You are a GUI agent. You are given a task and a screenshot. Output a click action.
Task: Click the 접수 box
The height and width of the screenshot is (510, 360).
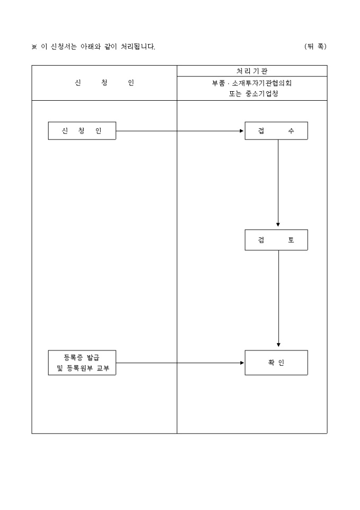(x=276, y=131)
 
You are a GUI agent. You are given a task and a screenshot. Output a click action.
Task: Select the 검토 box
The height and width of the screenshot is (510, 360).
(x=276, y=240)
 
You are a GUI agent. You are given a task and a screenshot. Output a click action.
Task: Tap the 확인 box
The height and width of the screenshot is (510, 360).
(x=276, y=363)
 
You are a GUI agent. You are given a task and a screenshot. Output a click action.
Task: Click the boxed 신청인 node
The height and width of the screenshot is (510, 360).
(x=82, y=131)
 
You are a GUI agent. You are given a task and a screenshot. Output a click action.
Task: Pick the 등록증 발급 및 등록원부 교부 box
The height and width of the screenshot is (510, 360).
(x=82, y=363)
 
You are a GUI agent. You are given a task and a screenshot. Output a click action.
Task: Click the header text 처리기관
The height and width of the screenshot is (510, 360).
(x=252, y=71)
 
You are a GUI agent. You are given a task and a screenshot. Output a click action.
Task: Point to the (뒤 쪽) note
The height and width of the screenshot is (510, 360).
(x=316, y=47)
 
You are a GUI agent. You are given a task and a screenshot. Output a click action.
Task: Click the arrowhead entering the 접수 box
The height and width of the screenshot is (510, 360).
(x=242, y=131)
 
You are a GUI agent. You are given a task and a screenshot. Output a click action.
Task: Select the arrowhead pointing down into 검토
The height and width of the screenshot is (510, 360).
(x=278, y=225)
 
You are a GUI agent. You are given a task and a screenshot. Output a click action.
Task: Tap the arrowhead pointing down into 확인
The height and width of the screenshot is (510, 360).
(x=278, y=345)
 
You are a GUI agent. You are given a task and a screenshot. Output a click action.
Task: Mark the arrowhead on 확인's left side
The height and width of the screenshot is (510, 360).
(x=242, y=363)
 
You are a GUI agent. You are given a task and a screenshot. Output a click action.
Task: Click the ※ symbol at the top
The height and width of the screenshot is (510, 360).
(x=34, y=47)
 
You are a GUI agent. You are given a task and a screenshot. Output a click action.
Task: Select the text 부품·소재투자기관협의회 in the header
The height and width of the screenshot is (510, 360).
(x=251, y=83)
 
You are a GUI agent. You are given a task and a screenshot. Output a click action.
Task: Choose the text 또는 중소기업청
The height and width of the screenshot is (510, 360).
(x=251, y=94)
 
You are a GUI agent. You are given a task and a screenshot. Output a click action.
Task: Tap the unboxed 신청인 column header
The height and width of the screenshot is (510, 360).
(x=104, y=83)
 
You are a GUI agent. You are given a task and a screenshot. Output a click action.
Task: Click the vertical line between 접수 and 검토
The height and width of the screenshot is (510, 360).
(x=278, y=180)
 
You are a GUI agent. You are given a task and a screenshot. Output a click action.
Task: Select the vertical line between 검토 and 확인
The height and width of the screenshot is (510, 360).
(x=278, y=297)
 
